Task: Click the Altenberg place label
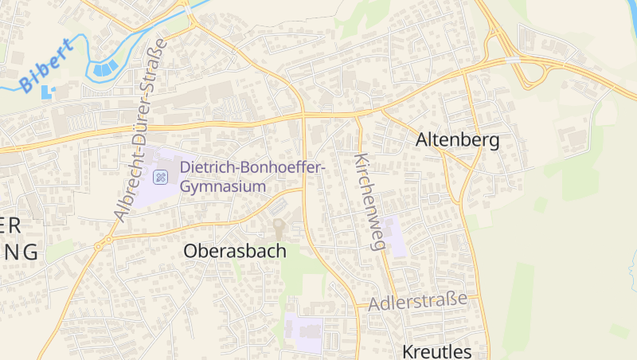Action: click(x=457, y=141)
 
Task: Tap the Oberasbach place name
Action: click(x=235, y=250)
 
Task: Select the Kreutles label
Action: click(x=436, y=351)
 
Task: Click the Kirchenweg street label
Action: click(x=370, y=202)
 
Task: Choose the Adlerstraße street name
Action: click(x=417, y=300)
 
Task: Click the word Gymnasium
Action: click(x=222, y=186)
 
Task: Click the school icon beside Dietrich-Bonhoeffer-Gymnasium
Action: click(x=161, y=177)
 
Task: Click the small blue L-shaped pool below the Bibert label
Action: click(x=47, y=91)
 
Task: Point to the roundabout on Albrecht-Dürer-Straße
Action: click(x=100, y=243)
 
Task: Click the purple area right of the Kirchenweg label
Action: click(x=394, y=236)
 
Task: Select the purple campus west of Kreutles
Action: click(x=304, y=334)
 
